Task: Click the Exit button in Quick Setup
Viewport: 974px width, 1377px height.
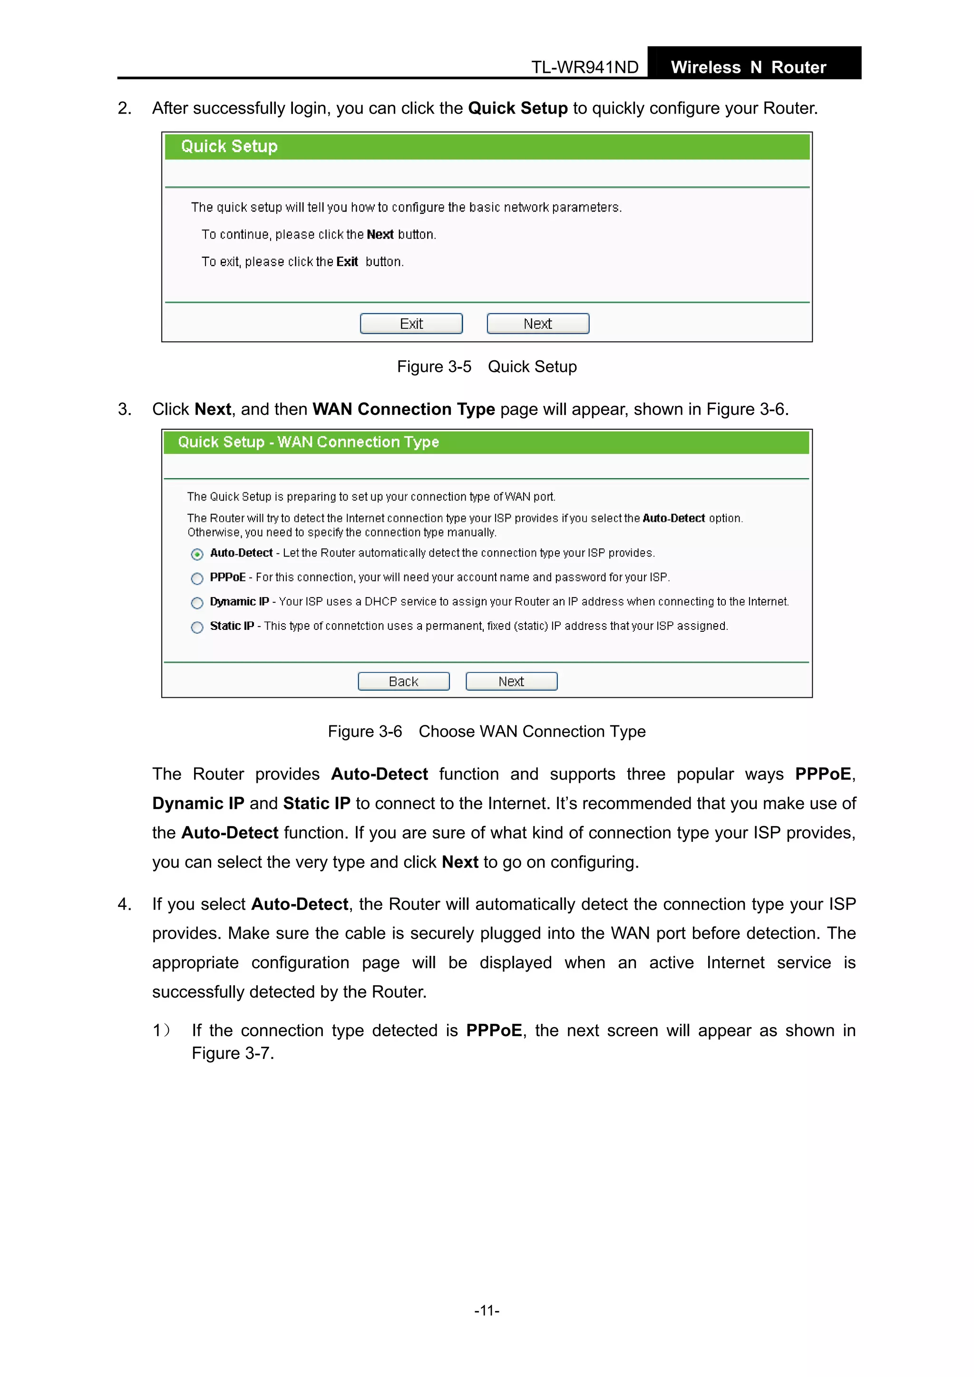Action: [x=411, y=324]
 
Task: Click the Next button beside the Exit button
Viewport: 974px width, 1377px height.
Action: [x=538, y=324]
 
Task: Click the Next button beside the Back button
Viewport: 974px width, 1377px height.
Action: [x=511, y=681]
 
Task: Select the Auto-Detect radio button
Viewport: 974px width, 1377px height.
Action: [x=197, y=554]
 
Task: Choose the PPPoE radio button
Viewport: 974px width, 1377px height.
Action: [x=197, y=579]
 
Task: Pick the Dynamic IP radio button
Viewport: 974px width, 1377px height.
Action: [x=197, y=603]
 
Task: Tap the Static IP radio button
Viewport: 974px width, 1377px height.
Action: [x=197, y=627]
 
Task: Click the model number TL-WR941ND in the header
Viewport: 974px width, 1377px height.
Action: [x=584, y=67]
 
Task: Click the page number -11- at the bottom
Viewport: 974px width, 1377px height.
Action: [x=487, y=1310]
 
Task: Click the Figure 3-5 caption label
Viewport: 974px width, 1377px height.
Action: [x=434, y=366]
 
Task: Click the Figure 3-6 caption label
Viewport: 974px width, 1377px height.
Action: [x=365, y=732]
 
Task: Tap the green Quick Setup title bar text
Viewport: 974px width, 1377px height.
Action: [x=229, y=146]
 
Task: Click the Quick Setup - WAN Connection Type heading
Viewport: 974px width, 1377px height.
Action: [x=309, y=442]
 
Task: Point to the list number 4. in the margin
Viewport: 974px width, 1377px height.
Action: [x=124, y=904]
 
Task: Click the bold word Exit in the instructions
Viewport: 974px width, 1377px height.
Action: [x=347, y=261]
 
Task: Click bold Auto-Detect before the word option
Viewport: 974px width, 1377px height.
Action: [x=673, y=518]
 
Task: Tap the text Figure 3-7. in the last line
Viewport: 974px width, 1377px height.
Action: [x=233, y=1053]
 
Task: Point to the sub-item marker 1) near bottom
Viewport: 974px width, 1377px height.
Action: [x=161, y=1030]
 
